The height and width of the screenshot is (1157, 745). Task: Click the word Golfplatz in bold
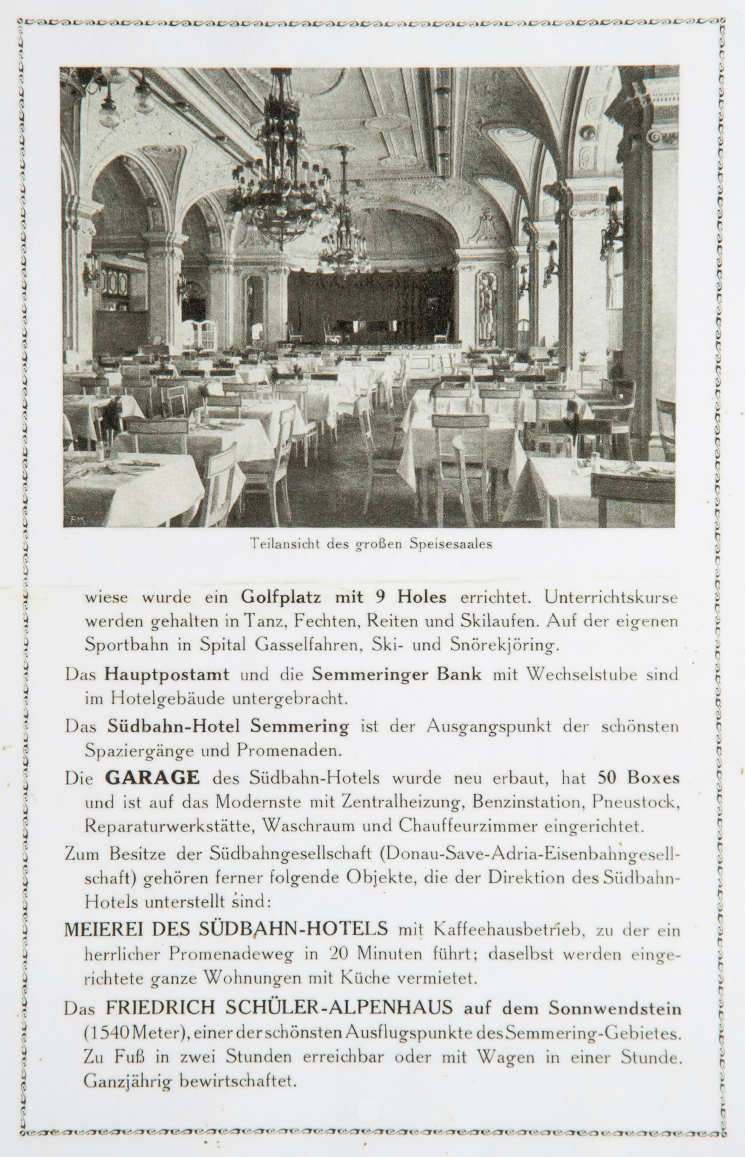coord(281,597)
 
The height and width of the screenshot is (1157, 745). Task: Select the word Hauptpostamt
coord(166,674)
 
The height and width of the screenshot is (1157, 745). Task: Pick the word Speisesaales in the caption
coord(451,544)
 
